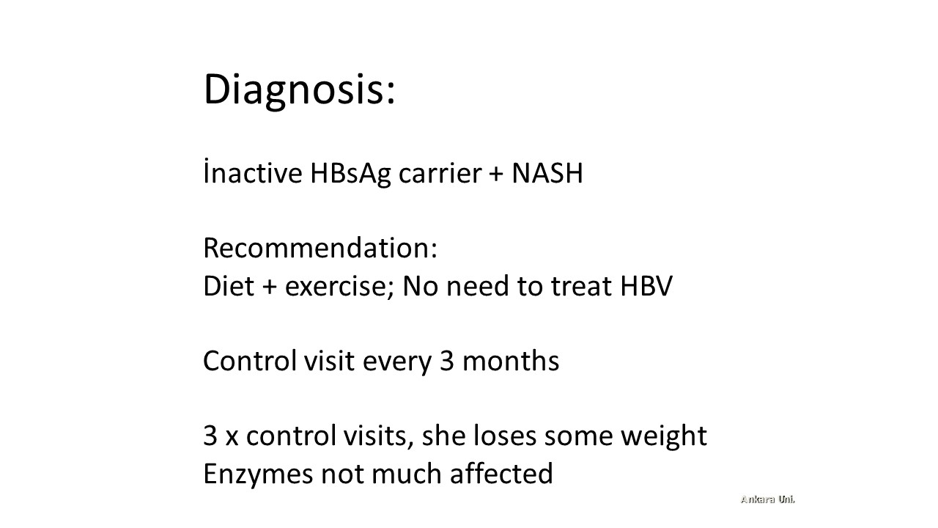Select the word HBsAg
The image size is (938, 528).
[350, 174]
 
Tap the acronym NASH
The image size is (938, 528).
[547, 173]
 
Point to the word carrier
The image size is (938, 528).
[440, 173]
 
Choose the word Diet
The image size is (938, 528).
[229, 286]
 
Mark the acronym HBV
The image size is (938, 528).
[646, 286]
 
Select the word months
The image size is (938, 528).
[511, 361]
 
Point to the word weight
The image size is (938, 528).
[664, 436]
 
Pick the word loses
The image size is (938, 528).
[505, 436]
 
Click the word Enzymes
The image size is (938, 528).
[259, 474]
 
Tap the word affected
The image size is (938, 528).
[502, 473]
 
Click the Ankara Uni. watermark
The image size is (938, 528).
[767, 499]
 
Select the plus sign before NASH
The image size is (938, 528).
[496, 174]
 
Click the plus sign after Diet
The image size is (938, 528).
[269, 287]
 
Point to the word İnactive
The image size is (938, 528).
[253, 172]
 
